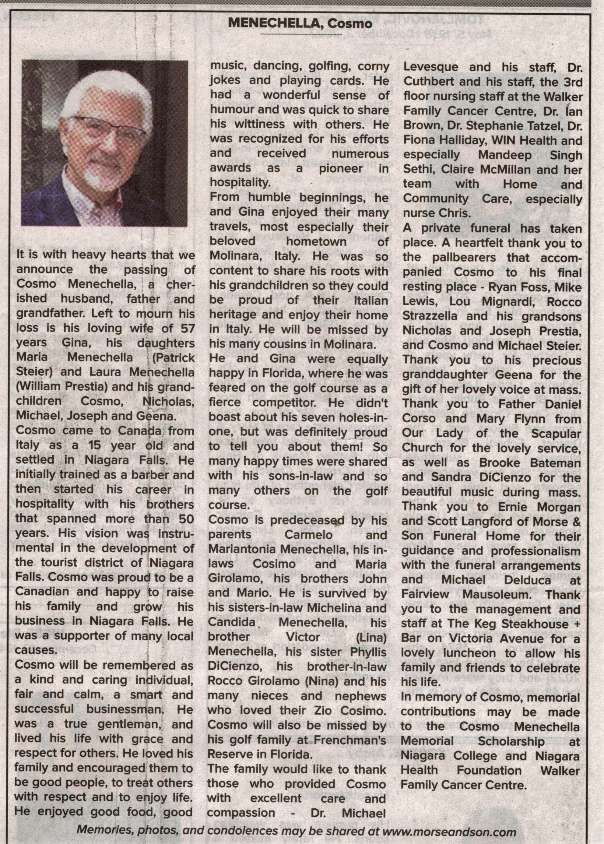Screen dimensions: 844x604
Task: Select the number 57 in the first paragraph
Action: click(187, 328)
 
